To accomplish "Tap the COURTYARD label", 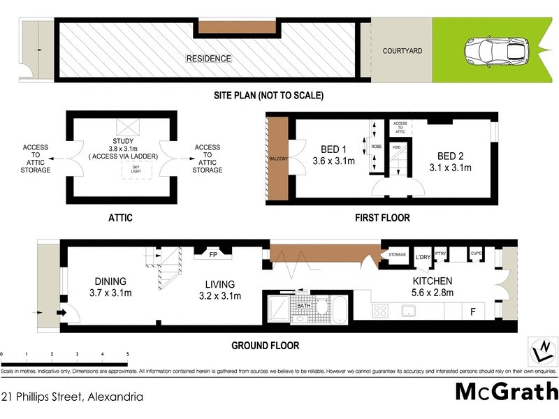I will [x=402, y=51].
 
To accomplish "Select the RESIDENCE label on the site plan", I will [x=208, y=59].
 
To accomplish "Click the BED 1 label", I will [x=333, y=149].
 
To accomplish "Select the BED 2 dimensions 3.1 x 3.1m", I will [x=450, y=168].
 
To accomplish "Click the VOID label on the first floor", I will [x=395, y=147].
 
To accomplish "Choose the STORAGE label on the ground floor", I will [x=398, y=255].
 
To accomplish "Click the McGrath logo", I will [x=506, y=391].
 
